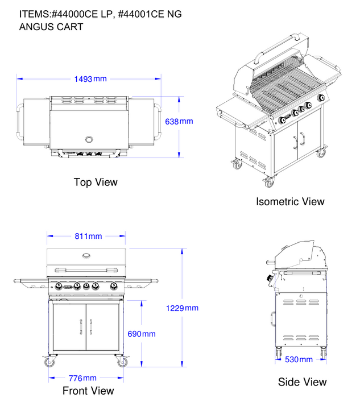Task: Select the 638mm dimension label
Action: tap(179, 121)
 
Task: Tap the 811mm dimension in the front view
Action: tap(88, 236)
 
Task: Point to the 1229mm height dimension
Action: tap(182, 308)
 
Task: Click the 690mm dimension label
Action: tap(141, 334)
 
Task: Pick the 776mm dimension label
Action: tap(82, 378)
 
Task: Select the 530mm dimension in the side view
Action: tap(299, 359)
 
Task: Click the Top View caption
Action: tap(96, 183)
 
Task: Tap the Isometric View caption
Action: tap(290, 201)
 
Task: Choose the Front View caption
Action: tap(88, 391)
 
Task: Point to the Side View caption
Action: tap(303, 382)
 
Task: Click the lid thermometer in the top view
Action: tap(89, 139)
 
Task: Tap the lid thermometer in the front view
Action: tap(86, 255)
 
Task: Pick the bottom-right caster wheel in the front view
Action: tap(122, 362)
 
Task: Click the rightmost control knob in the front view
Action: tap(114, 286)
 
